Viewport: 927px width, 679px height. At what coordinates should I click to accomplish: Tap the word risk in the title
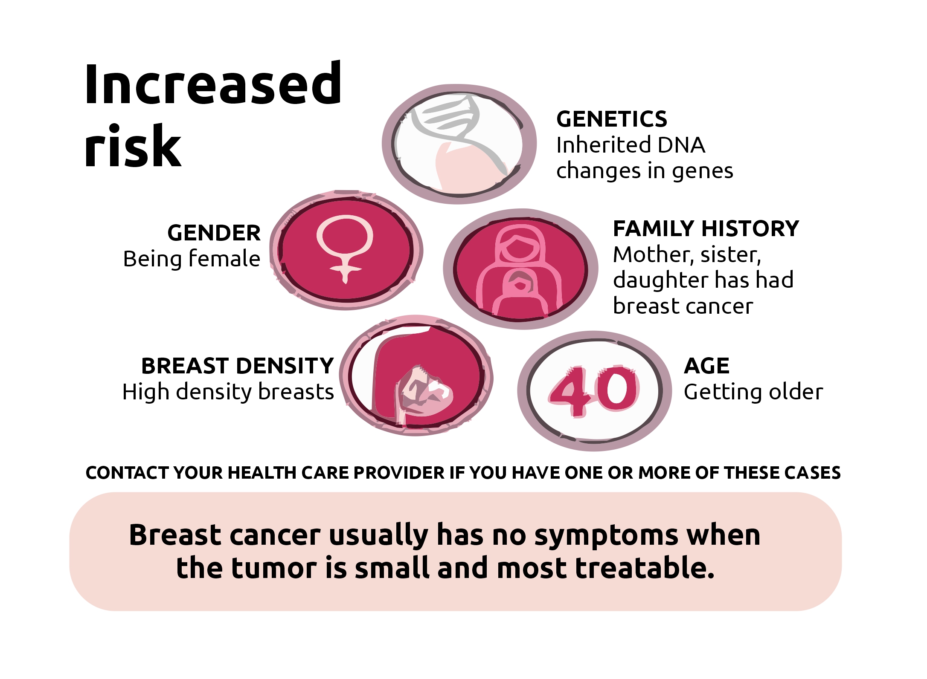tap(133, 146)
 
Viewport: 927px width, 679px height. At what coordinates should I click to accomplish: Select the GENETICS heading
tap(612, 119)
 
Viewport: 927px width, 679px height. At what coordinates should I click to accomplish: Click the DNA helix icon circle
tap(459, 144)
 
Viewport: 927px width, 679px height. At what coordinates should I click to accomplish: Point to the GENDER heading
tap(214, 233)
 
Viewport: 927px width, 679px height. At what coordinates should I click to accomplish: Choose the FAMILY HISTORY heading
tap(706, 228)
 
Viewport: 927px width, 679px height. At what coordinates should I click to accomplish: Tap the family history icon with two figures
tap(520, 269)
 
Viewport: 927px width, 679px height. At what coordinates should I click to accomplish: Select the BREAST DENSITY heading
tap(237, 366)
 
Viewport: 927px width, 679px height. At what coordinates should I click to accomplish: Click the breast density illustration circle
tap(416, 376)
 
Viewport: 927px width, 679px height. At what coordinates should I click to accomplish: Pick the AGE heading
tap(706, 366)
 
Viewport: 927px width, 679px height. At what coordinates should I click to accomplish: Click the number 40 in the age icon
tap(594, 391)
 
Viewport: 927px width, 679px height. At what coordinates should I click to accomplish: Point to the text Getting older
tap(753, 392)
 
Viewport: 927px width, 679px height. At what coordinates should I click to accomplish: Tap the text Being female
tap(192, 259)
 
